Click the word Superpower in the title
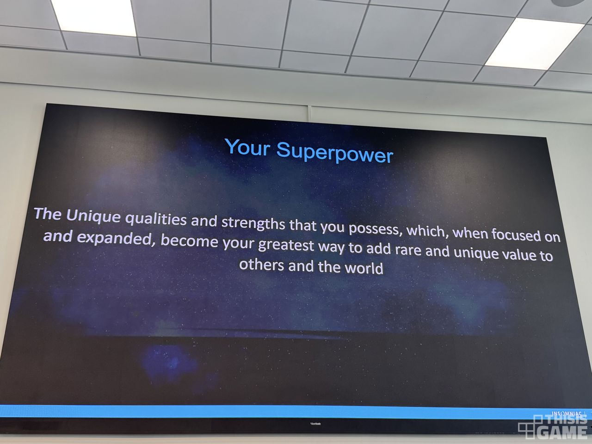click(335, 152)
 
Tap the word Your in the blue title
click(247, 147)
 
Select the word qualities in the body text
click(156, 219)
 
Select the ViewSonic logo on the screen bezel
click(315, 424)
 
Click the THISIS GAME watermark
click(552, 427)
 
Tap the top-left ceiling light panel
click(93, 17)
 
